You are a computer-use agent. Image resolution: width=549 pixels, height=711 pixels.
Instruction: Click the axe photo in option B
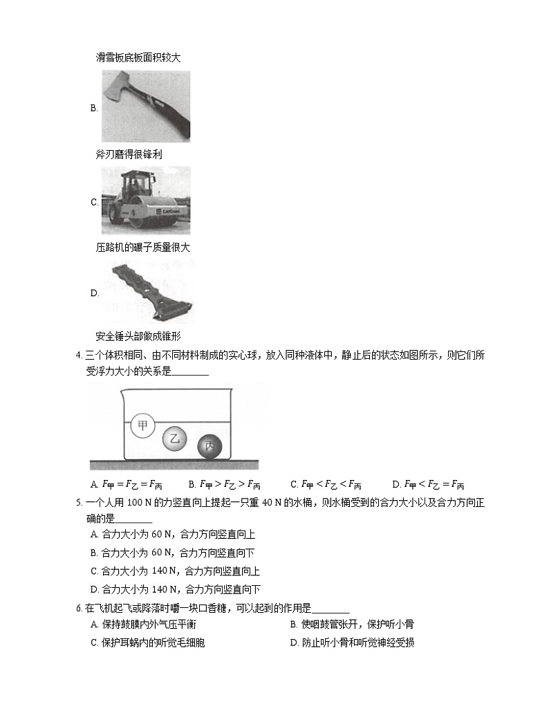click(x=146, y=107)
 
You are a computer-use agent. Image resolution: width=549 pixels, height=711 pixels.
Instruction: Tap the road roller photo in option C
click(x=146, y=201)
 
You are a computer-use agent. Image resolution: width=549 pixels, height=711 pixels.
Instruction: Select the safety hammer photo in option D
click(x=146, y=293)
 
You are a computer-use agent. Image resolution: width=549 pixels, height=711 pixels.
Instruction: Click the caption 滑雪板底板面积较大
click(x=138, y=57)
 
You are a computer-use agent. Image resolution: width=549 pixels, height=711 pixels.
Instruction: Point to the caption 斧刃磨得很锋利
click(x=129, y=154)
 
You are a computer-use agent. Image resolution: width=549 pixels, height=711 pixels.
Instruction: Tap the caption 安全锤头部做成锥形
click(x=138, y=337)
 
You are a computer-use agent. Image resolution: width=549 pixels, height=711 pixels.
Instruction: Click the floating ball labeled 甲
click(x=143, y=425)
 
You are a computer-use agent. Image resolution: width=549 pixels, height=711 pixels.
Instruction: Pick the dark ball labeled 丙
click(x=210, y=447)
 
